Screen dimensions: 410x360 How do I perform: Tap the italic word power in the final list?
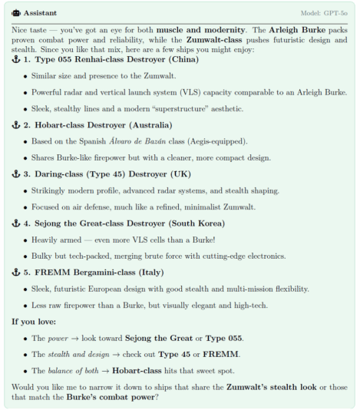pos(54,338)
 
